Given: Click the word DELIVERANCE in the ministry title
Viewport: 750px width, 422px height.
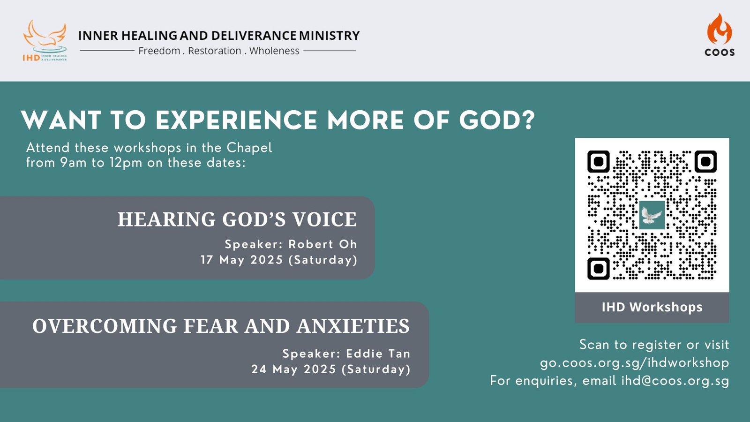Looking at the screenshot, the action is tap(254, 36).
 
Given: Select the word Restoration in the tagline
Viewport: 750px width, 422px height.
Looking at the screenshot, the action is tap(215, 51).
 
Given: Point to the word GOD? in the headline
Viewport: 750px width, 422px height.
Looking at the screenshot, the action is tap(497, 120).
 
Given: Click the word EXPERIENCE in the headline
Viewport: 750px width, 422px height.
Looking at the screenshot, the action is tap(236, 120).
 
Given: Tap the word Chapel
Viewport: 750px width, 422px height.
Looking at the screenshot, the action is tap(249, 148).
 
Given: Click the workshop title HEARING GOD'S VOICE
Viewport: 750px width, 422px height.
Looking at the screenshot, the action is tap(237, 219).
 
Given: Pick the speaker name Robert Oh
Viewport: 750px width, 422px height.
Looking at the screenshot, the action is tap(323, 244).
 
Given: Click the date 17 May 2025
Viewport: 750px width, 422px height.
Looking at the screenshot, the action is tap(242, 260).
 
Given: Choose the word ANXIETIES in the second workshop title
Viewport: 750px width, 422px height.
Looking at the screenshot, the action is tap(353, 326).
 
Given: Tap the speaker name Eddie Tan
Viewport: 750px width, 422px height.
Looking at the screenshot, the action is tap(378, 354).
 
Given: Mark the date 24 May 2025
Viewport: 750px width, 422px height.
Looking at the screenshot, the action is tap(293, 369).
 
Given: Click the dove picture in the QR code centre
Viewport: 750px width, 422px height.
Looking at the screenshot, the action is tap(652, 215).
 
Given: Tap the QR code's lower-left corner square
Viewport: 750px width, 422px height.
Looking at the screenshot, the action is tap(598, 269).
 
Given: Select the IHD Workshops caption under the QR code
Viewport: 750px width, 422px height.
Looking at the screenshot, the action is tap(652, 307).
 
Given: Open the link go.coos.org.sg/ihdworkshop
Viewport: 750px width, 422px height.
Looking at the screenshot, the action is tap(635, 363).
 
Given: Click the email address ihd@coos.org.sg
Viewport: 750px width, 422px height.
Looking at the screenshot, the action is tap(675, 381).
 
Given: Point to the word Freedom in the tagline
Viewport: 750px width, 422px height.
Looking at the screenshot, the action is tap(159, 51).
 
